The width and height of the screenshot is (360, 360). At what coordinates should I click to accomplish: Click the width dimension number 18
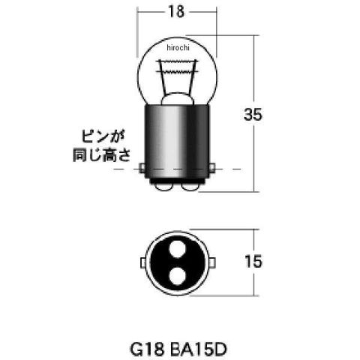[x=176, y=11]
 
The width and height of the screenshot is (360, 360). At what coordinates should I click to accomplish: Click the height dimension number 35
[x=253, y=115]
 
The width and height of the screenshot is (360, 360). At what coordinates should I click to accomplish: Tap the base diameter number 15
[x=253, y=262]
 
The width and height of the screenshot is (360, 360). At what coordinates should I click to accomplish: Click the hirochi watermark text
[x=178, y=47]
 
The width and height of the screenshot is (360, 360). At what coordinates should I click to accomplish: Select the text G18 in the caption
[x=147, y=349]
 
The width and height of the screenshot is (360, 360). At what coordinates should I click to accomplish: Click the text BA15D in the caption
[x=198, y=349]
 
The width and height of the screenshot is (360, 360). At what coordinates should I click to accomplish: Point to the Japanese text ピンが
[x=103, y=136]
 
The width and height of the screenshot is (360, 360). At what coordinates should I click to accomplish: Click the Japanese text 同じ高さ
[x=102, y=155]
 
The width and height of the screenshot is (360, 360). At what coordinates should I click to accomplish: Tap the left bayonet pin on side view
[x=142, y=168]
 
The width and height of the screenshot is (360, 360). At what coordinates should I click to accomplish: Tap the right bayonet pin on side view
[x=212, y=168]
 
